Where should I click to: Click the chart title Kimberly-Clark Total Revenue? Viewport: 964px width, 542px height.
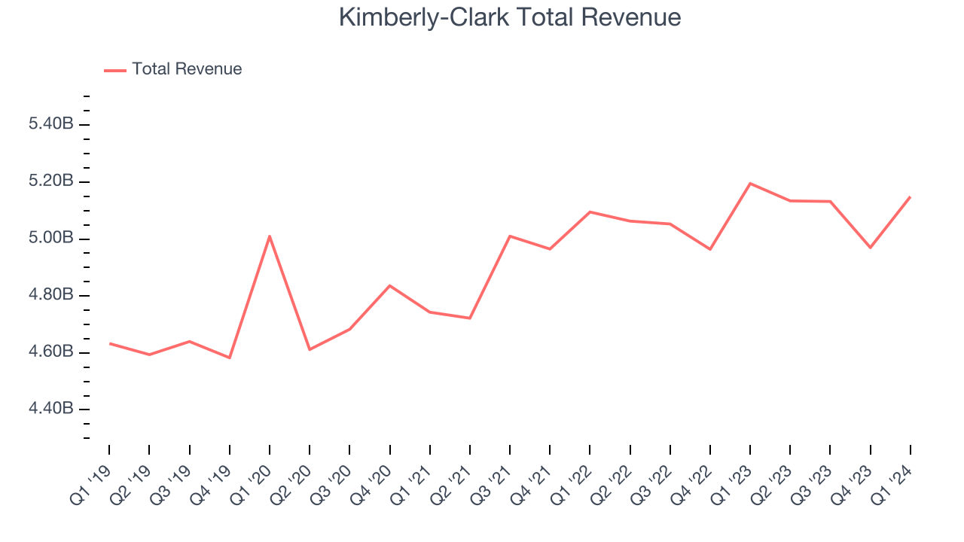510,17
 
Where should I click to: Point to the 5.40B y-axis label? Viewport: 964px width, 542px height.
50,124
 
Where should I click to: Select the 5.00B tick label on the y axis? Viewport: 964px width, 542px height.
50,239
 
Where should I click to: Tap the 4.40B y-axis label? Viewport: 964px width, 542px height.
50,409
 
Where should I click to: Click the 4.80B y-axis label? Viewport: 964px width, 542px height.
50,295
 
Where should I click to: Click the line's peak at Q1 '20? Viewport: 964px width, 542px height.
270,236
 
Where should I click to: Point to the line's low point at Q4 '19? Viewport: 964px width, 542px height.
230,358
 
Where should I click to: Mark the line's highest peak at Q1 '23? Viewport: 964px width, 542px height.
750,184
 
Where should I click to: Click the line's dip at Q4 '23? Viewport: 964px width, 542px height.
871,247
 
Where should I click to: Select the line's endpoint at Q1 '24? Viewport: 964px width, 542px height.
911,197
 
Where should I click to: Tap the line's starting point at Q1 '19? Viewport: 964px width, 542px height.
109,343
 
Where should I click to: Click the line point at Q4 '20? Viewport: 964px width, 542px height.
390,285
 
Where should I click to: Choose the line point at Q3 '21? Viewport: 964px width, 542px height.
510,236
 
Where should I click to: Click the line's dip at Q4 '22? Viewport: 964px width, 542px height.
710,249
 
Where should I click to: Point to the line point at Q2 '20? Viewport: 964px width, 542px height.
310,349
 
